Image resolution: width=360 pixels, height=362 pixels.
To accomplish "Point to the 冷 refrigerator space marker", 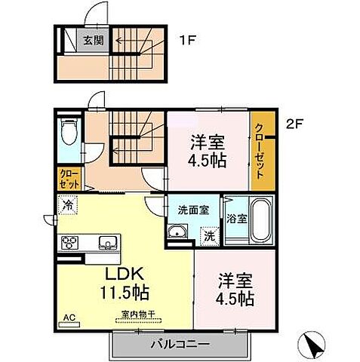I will coord(69,204).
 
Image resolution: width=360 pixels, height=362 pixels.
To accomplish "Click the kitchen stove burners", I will coord(70,243).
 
